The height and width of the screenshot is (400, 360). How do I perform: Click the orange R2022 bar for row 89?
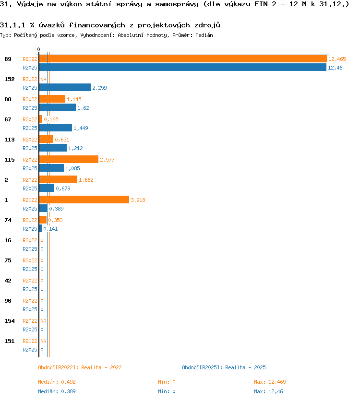[183, 59]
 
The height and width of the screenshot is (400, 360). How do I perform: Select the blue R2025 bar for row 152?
[65, 87]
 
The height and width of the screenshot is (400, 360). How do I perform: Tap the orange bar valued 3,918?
[84, 200]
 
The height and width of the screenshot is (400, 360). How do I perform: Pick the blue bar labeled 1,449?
[55, 128]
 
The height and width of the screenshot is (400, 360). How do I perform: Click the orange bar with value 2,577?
[69, 159]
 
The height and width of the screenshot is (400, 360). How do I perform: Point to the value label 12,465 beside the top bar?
[337, 59]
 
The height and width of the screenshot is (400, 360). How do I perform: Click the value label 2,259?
[99, 88]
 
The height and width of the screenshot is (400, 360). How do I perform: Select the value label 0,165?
[51, 119]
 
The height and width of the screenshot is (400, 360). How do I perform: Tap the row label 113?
[10, 140]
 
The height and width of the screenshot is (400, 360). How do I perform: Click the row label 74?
[8, 220]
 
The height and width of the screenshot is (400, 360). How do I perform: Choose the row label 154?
[10, 321]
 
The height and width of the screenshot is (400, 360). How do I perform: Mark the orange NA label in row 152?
[43, 79]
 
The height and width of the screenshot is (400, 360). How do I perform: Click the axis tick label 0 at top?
[38, 49]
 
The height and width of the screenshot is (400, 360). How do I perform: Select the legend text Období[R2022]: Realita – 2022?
[80, 367]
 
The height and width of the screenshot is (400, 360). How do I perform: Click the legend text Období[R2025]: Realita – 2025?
[224, 367]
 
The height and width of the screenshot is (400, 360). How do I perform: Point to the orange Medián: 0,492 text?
[57, 382]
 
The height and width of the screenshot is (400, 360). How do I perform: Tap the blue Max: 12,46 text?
[268, 391]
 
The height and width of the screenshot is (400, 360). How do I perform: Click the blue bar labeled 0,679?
[47, 188]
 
